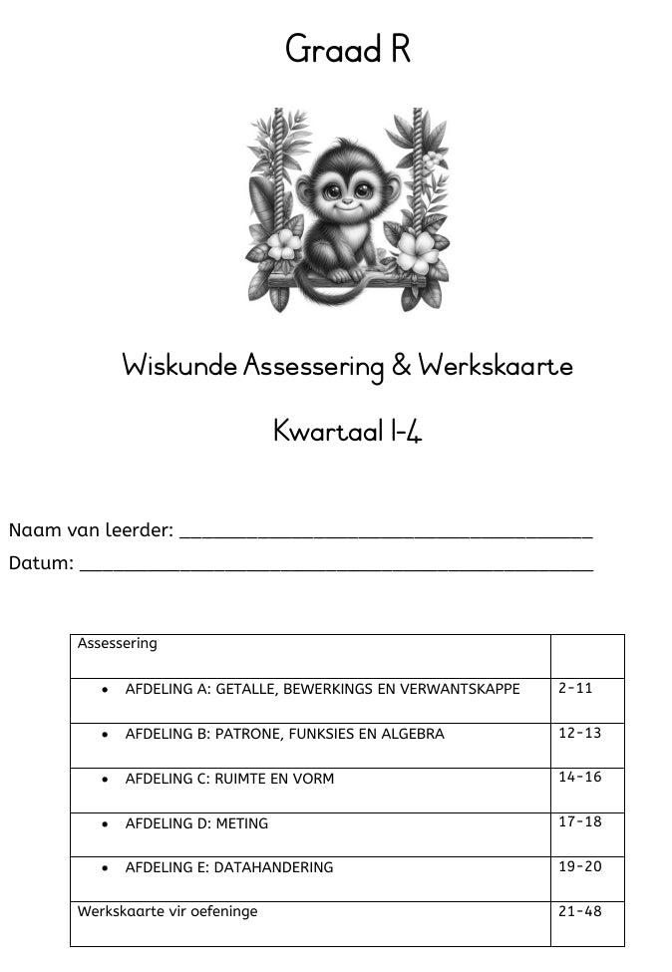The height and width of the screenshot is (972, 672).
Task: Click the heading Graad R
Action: (x=348, y=48)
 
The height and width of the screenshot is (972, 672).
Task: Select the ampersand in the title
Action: (x=401, y=366)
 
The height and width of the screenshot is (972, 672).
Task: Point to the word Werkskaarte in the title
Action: (x=496, y=366)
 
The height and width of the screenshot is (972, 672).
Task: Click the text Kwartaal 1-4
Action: (x=347, y=431)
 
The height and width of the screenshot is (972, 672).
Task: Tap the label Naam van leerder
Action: (x=91, y=529)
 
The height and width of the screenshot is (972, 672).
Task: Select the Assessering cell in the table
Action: (x=118, y=643)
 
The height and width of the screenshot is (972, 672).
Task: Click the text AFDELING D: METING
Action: (x=196, y=823)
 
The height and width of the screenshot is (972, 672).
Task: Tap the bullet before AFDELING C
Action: (x=105, y=780)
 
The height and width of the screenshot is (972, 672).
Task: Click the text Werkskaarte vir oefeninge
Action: (x=168, y=911)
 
